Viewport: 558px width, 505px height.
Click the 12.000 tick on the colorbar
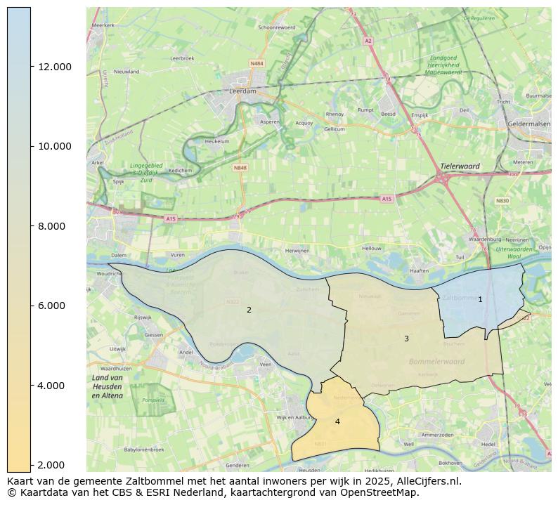coord(55,67)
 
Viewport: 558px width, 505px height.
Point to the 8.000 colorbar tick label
coord(55,226)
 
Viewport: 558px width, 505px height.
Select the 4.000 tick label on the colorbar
coord(55,386)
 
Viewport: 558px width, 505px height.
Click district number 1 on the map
coord(480,299)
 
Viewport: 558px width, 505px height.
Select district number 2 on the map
coord(249,310)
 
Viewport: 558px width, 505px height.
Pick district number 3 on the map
coord(406,339)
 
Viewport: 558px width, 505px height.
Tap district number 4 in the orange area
coord(337,421)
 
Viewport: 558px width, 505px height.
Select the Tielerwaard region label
coord(460,166)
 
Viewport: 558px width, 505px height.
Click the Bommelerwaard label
coord(436,362)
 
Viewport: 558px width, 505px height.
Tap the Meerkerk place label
coord(103,25)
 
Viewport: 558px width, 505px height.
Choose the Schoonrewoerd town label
coord(277,27)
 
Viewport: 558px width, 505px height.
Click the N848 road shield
coord(240,168)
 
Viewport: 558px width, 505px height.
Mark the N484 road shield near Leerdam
coord(257,64)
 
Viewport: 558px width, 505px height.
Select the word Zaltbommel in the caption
coord(131,482)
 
